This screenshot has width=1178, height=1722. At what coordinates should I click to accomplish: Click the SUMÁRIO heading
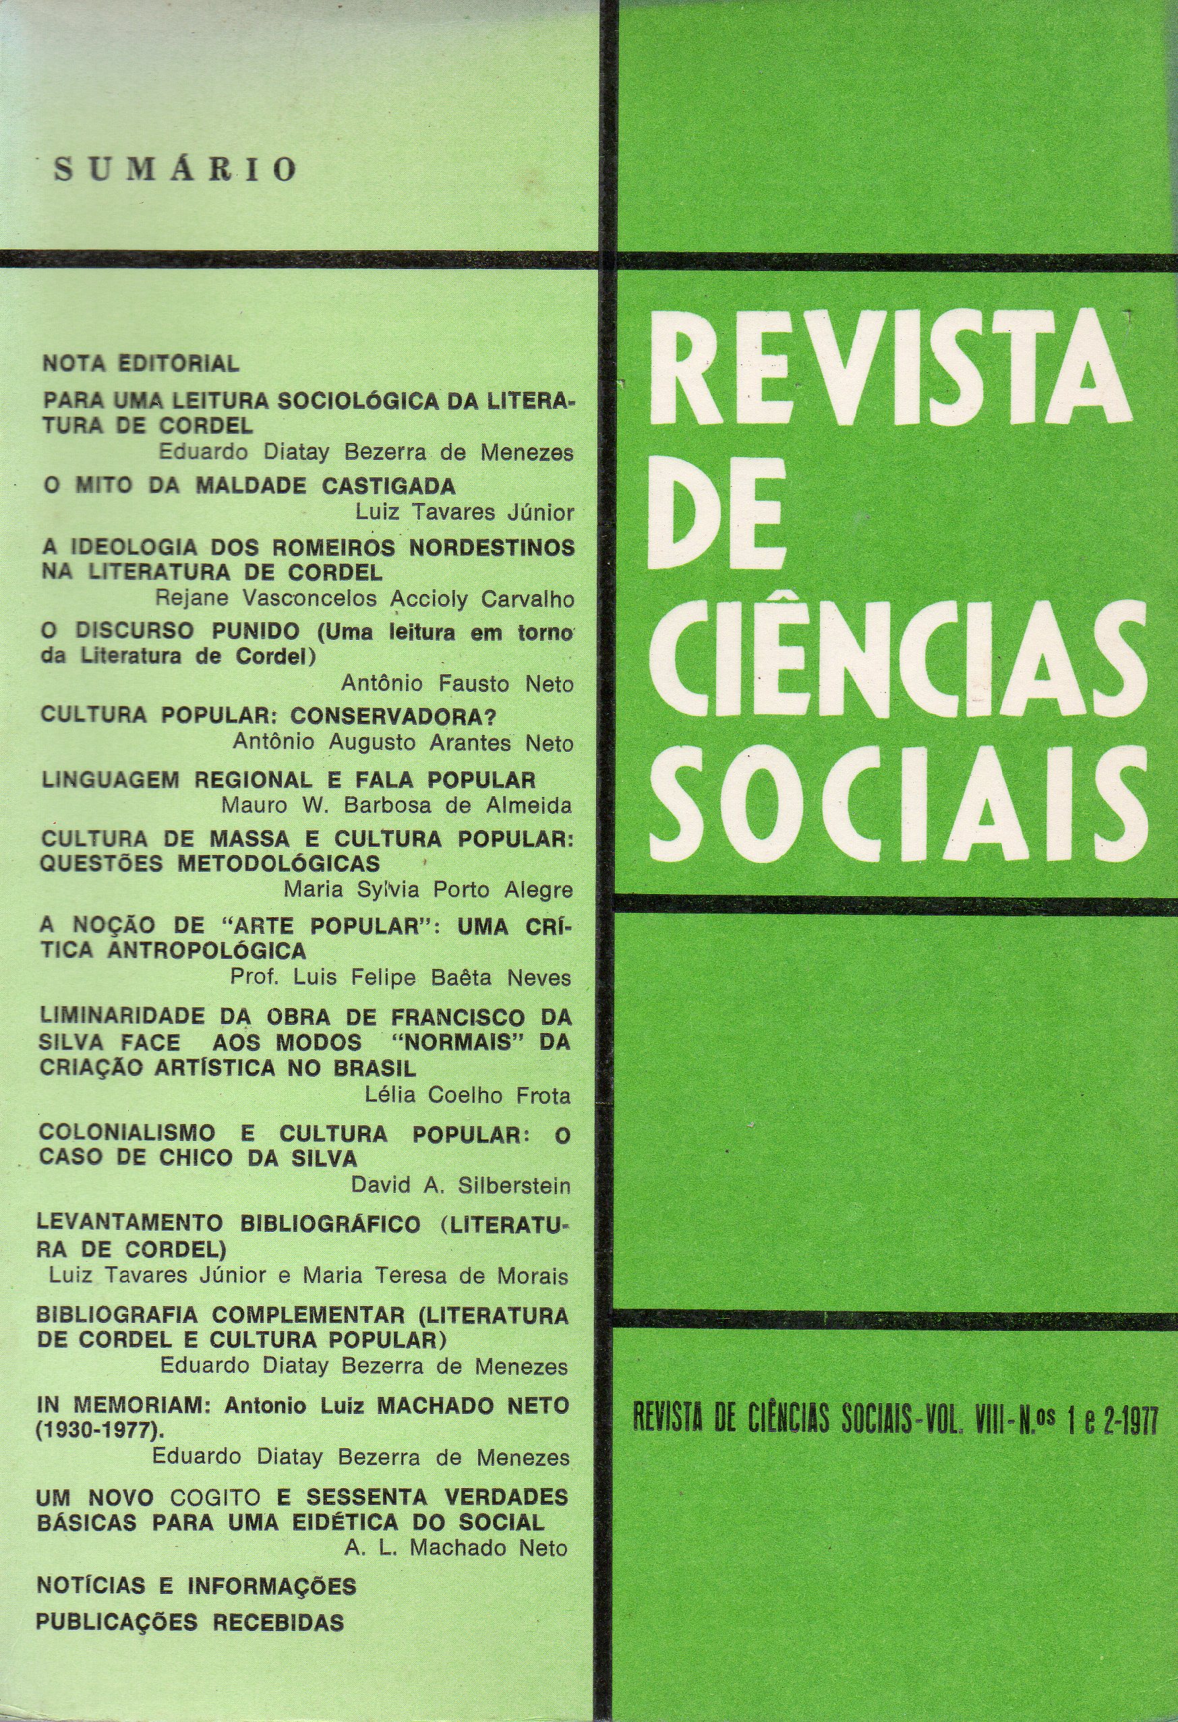[x=175, y=170]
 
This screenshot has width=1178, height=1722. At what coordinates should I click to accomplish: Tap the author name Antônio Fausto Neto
[x=457, y=684]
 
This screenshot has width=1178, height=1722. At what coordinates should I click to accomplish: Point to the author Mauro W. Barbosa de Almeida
[x=402, y=806]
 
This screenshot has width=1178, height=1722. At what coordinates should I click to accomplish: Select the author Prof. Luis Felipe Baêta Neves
[x=401, y=978]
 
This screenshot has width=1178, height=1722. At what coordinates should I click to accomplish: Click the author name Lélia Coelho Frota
[x=468, y=1095]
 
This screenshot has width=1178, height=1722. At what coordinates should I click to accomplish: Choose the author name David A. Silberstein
[x=461, y=1185]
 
